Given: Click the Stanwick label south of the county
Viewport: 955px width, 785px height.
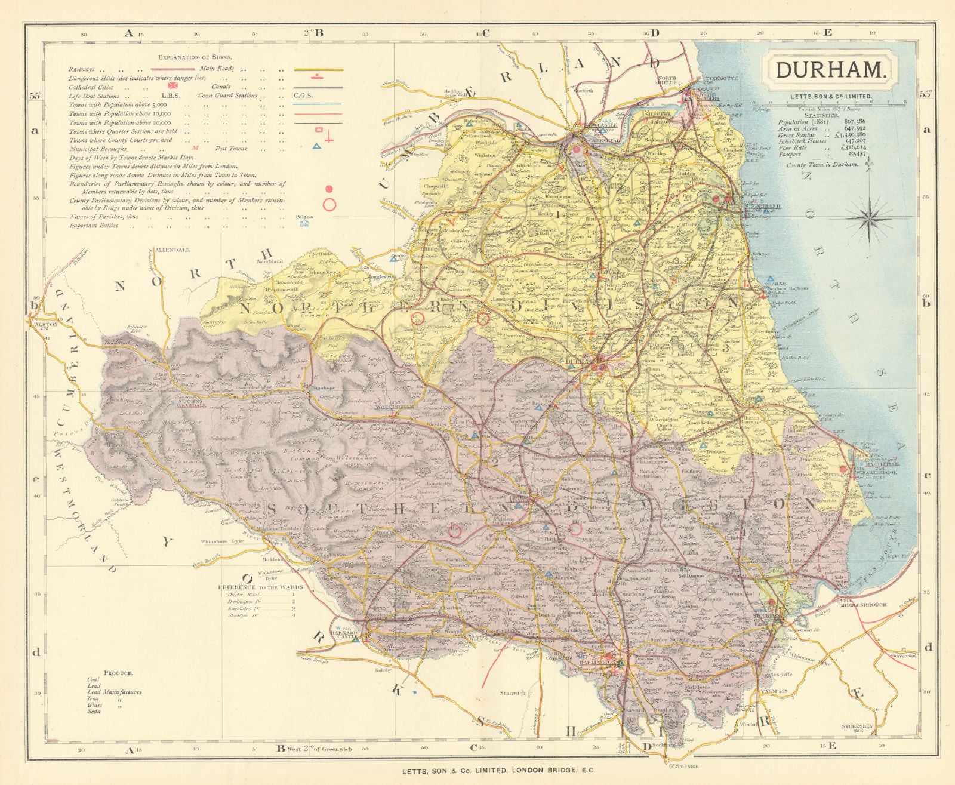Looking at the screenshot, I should point(513,694).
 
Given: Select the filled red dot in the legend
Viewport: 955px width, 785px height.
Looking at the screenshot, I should point(328,189).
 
